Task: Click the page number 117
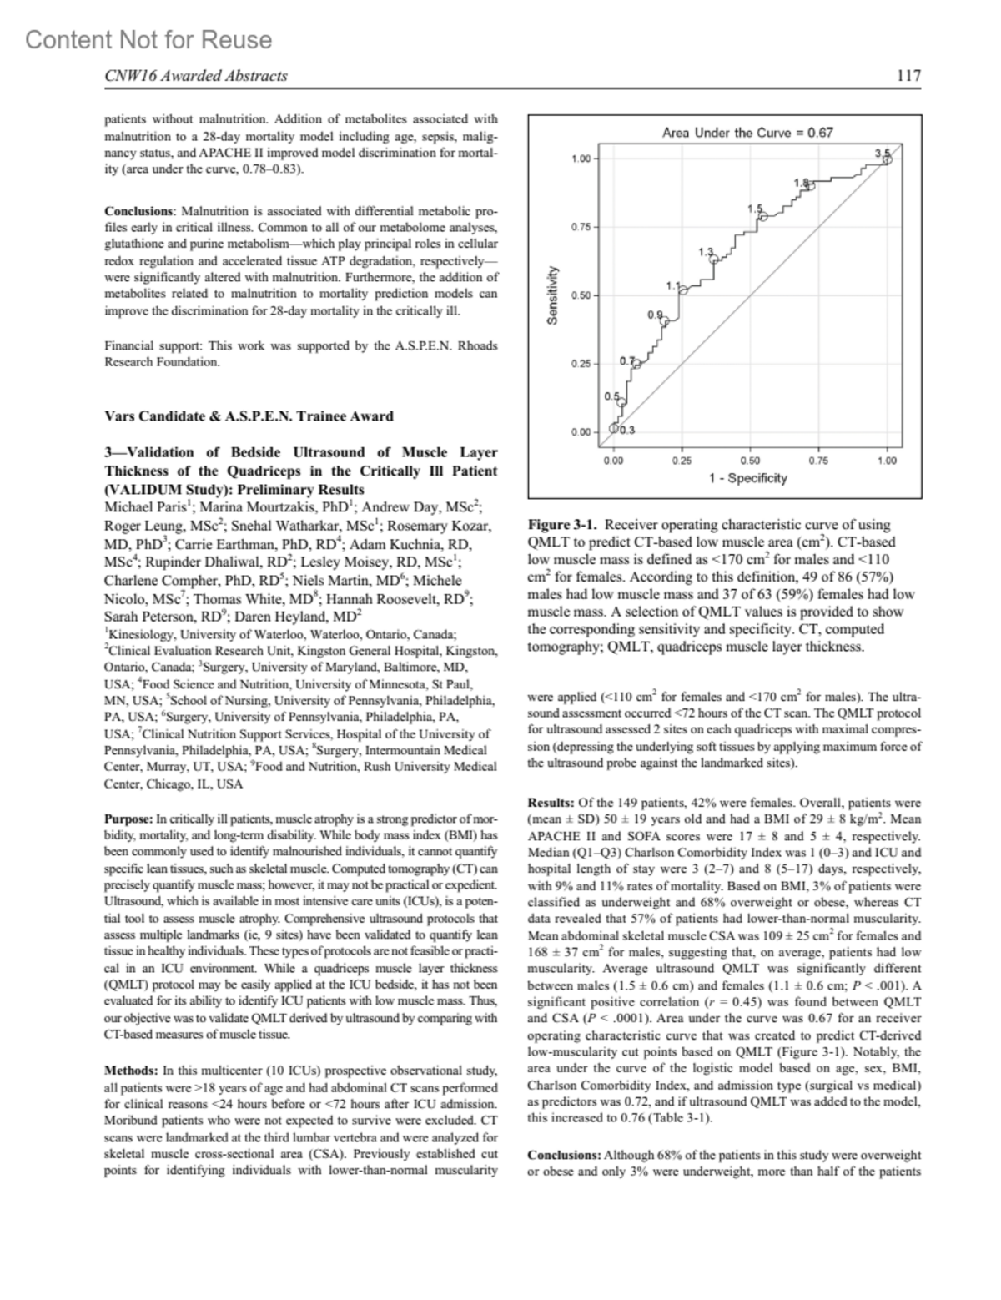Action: pyautogui.click(x=908, y=76)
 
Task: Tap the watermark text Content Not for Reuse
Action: pyautogui.click(x=148, y=40)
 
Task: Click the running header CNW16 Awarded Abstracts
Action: pyautogui.click(x=196, y=76)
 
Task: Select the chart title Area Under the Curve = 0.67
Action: pyautogui.click(x=747, y=132)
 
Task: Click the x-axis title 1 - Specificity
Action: pyautogui.click(x=747, y=478)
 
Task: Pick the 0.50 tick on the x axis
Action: pyautogui.click(x=750, y=460)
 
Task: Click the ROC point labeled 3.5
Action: pyautogui.click(x=888, y=159)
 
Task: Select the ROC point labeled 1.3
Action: pyautogui.click(x=713, y=259)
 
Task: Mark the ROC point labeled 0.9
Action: pyautogui.click(x=664, y=319)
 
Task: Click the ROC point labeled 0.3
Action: pyautogui.click(x=615, y=428)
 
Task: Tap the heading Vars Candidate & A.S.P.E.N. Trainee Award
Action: pyautogui.click(x=249, y=416)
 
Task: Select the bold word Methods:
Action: pyautogui.click(x=131, y=1071)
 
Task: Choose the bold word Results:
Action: pyautogui.click(x=551, y=804)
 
